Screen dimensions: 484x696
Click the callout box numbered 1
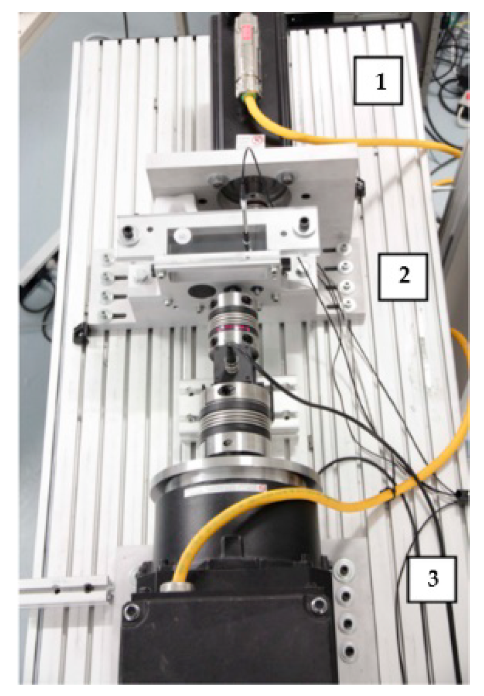[378, 81]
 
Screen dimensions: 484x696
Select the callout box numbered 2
[402, 277]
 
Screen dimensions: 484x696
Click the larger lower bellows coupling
[233, 419]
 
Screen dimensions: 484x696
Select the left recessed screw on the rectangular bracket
[128, 231]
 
